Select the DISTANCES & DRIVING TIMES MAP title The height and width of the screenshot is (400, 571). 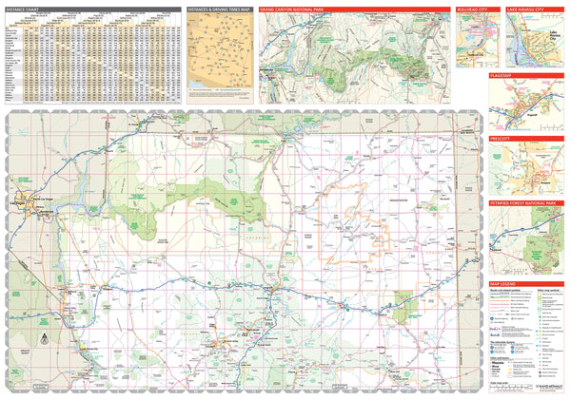click(219, 9)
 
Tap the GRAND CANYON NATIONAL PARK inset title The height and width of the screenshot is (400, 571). click(301, 9)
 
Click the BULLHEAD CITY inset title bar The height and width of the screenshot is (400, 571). click(473, 9)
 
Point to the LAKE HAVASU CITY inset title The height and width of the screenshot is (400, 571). click(526, 9)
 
